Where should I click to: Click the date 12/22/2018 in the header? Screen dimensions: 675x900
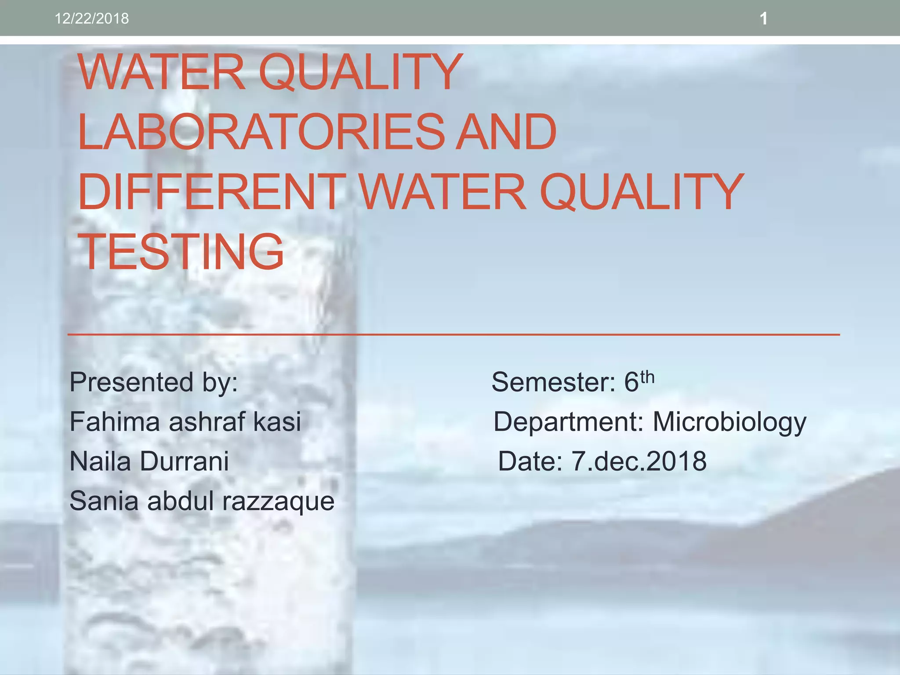(x=91, y=18)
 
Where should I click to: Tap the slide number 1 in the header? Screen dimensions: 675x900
(x=763, y=18)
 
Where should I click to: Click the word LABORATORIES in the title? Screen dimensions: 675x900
(x=261, y=131)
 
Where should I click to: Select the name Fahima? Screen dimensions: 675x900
(x=115, y=421)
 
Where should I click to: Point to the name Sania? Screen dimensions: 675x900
(x=104, y=501)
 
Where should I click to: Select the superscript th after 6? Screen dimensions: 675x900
(x=647, y=377)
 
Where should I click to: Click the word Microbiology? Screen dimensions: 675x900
(x=729, y=422)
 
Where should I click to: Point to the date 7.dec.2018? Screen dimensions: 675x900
(x=639, y=461)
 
